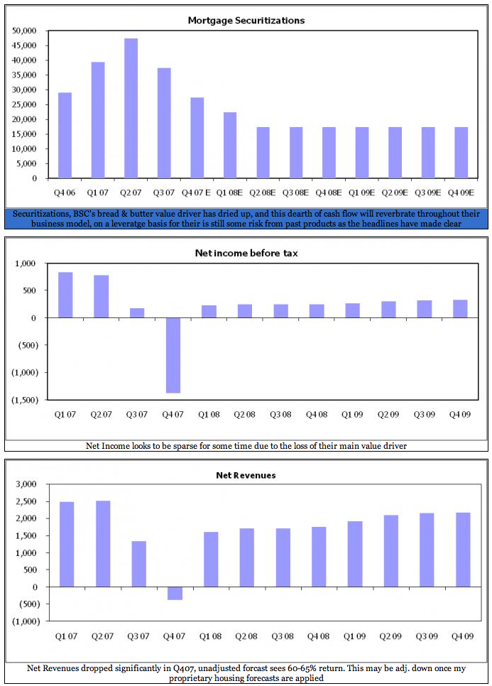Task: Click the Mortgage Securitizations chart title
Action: click(246, 20)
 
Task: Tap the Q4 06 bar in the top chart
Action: click(65, 135)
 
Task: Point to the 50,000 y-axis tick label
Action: click(25, 31)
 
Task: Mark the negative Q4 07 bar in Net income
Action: click(173, 355)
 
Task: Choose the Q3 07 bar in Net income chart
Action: click(137, 313)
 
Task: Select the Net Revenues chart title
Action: click(246, 474)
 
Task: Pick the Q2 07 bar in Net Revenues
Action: click(103, 544)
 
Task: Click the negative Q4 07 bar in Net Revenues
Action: click(175, 594)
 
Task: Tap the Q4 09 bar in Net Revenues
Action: click(462, 550)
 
